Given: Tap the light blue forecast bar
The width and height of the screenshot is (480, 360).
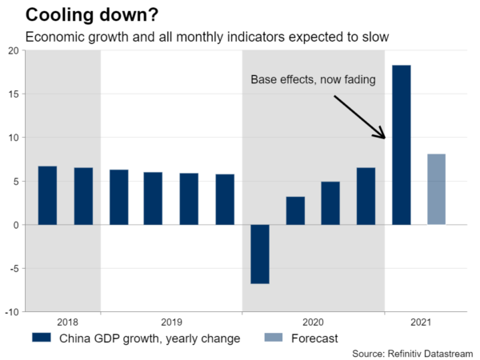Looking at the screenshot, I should (x=436, y=189).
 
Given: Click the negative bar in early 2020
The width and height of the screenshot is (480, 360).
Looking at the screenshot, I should (x=259, y=254).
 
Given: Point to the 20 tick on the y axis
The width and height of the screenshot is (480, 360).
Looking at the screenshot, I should (x=13, y=50).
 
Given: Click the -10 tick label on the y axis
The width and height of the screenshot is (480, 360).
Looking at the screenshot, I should (x=10, y=311).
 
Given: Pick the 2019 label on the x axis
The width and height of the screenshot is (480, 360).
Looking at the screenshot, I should (x=171, y=322).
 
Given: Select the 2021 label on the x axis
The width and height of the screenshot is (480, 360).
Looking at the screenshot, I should (x=419, y=322).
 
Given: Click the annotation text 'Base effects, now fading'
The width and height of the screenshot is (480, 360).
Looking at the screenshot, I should (x=313, y=80).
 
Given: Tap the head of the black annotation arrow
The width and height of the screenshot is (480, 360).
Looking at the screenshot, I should (x=386, y=138).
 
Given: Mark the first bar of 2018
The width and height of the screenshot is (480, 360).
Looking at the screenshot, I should (x=47, y=195).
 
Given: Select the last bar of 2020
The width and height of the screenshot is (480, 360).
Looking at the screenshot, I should (x=366, y=196).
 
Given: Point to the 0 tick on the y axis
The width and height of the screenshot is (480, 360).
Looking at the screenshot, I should (x=15, y=225).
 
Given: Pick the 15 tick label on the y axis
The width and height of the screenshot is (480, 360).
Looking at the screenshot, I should (x=13, y=94).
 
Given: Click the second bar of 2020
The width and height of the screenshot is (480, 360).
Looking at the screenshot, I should (x=295, y=210).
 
